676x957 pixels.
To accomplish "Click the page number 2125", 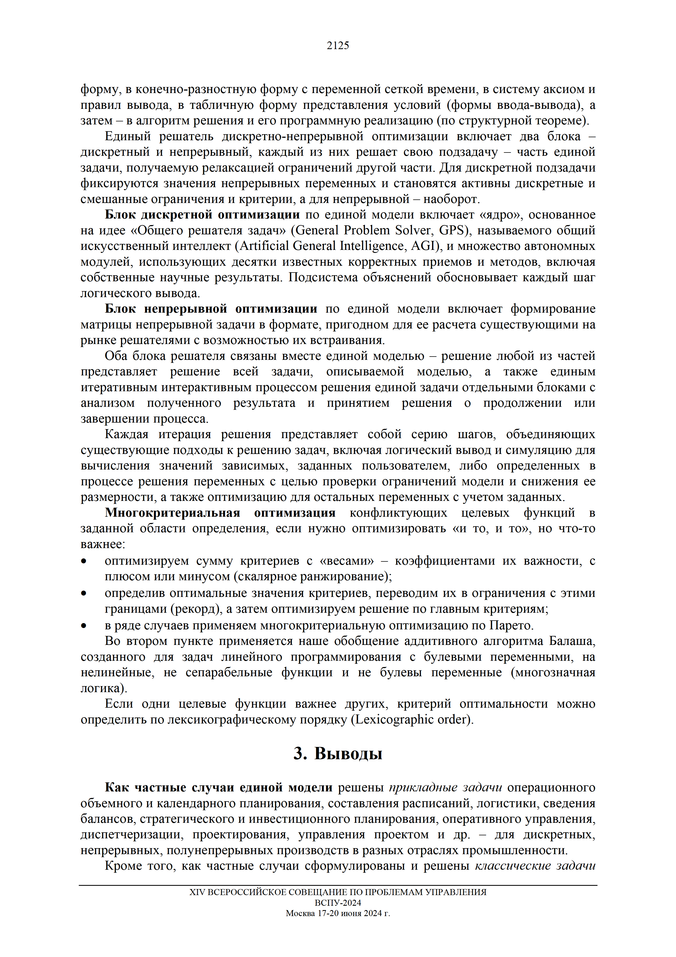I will pyautogui.click(x=338, y=46).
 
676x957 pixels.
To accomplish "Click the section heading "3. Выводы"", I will pyautogui.click(x=338, y=753).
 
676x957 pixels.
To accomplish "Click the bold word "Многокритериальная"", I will pyautogui.click(x=173, y=513).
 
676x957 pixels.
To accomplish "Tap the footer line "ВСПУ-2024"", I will pyautogui.click(x=338, y=903).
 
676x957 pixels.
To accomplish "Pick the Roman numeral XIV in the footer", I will pyautogui.click(x=197, y=892).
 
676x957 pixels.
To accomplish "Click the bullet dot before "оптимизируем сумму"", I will pyautogui.click(x=84, y=561).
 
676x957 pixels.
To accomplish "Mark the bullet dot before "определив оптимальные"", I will pyautogui.click(x=84, y=593).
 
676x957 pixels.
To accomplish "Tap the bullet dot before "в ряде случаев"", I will pyautogui.click(x=84, y=625).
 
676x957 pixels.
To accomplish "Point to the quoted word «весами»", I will pyautogui.click(x=346, y=561).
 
